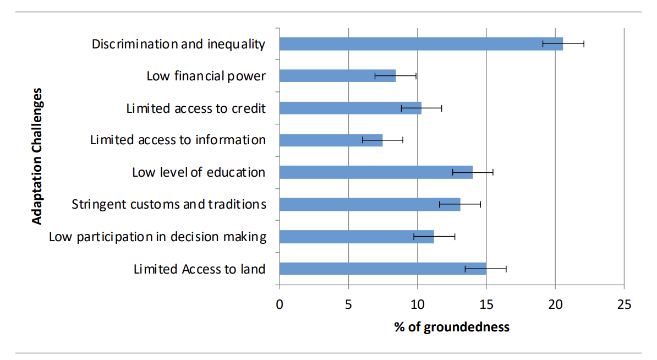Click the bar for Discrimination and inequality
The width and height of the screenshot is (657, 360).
[x=421, y=44]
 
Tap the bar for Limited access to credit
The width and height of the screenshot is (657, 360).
[x=350, y=108]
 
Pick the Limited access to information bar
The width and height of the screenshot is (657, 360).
[x=331, y=140]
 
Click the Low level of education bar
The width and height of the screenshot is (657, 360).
[x=376, y=172]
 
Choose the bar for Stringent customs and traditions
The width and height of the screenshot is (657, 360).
[x=370, y=204]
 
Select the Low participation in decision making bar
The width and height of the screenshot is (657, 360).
[x=357, y=237]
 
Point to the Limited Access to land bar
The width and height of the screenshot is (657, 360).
[x=382, y=269]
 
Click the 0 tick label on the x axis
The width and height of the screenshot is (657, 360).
[x=280, y=304]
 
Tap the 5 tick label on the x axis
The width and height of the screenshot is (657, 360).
[x=348, y=304]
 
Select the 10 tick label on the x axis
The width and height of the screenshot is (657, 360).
[x=417, y=304]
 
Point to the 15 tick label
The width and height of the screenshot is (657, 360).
[x=486, y=304]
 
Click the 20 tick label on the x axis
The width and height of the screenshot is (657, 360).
[x=555, y=304]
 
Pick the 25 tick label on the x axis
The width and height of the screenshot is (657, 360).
[x=623, y=304]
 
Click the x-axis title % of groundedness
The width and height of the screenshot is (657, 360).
[x=452, y=327]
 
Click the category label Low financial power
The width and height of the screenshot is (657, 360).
[x=206, y=76]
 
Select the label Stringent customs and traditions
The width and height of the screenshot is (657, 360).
[x=169, y=204]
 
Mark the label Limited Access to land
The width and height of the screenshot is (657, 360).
[x=200, y=269]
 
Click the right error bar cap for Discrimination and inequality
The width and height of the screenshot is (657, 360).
[x=584, y=44]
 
